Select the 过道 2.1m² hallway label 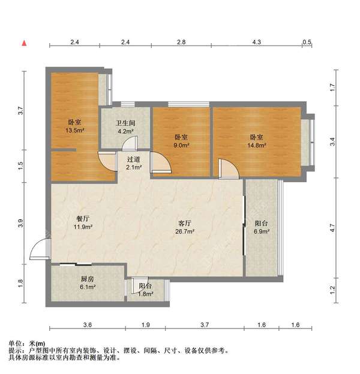click(x=134, y=163)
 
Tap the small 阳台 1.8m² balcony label click(x=145, y=290)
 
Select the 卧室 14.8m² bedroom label click(x=257, y=140)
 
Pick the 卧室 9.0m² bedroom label click(x=182, y=140)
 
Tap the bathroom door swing click(x=130, y=143)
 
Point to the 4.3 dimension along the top click(x=256, y=42)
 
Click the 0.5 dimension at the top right click(x=307, y=42)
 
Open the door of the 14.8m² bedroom click(x=229, y=169)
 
